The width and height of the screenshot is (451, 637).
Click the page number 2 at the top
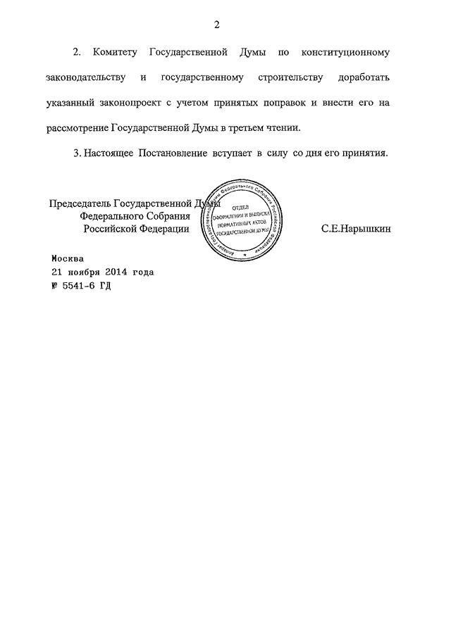(218, 25)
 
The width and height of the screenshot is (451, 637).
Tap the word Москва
(68, 258)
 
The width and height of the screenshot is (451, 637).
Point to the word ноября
(81, 272)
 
